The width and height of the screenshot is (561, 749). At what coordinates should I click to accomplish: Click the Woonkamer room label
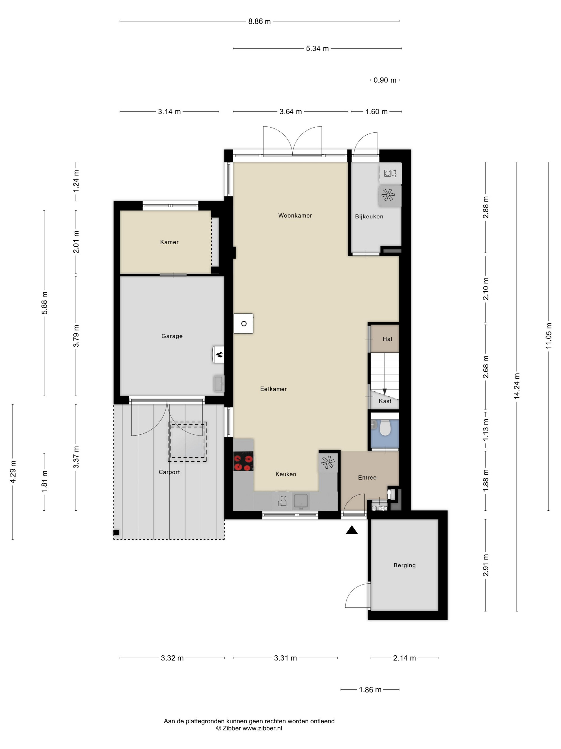[295, 215]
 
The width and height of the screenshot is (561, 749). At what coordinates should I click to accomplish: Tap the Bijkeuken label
[369, 216]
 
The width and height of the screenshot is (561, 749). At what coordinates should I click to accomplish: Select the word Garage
[172, 336]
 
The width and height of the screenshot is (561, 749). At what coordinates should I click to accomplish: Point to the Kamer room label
[169, 242]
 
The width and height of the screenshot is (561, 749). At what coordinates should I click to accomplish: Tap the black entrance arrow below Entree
[352, 530]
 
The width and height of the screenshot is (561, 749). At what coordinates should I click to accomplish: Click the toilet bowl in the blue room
[385, 428]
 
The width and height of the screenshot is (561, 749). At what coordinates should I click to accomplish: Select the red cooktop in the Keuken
[243, 461]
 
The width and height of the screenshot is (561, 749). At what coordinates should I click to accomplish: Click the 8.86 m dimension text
[259, 21]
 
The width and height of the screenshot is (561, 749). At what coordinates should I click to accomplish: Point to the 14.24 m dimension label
[517, 386]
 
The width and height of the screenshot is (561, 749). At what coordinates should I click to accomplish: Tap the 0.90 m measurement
[385, 80]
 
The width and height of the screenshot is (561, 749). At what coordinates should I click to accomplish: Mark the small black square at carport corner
[116, 533]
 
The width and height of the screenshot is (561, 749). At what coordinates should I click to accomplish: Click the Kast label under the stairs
[385, 401]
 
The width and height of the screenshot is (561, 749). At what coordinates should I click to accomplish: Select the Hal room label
[387, 339]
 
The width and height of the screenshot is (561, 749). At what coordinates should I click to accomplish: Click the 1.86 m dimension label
[370, 690]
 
